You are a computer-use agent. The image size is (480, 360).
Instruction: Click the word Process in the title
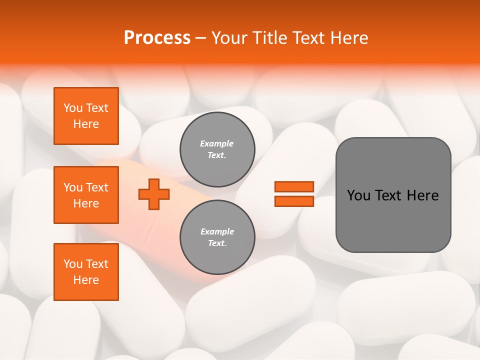(157, 38)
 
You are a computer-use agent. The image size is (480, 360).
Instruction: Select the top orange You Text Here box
(86, 116)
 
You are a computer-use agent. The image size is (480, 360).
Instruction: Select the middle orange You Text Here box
(86, 195)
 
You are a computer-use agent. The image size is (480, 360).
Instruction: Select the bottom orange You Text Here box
(86, 272)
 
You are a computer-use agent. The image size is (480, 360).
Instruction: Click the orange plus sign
(154, 194)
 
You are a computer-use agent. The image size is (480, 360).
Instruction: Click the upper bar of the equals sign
(294, 186)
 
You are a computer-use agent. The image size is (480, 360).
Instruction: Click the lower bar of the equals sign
(294, 201)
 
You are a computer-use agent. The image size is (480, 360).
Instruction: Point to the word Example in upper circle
(217, 143)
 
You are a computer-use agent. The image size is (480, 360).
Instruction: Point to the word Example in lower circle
(217, 231)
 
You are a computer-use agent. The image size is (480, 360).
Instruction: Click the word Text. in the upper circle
(217, 155)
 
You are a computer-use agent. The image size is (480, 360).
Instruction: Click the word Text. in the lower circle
(217, 243)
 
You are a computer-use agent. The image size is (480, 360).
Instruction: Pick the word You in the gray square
(358, 195)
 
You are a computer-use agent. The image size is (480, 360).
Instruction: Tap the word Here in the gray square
(422, 195)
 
